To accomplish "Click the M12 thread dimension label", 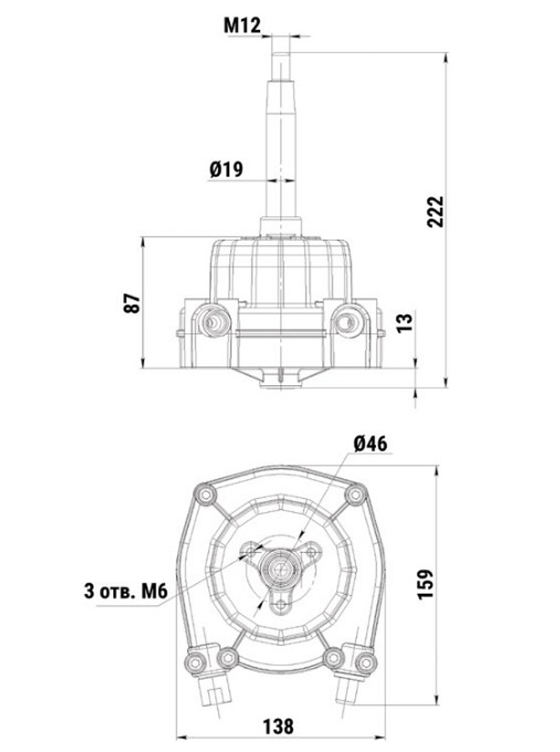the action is tap(242, 25).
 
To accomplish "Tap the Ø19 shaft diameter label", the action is tap(226, 169).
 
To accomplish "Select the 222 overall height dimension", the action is tap(435, 211).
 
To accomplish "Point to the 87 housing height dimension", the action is tap(132, 303).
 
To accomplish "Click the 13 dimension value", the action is tap(405, 323).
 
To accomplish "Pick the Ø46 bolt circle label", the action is tap(370, 444).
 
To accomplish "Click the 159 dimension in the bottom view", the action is tap(425, 584).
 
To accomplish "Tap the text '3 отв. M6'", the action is tap(125, 591).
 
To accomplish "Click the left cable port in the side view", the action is tap(211, 322).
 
